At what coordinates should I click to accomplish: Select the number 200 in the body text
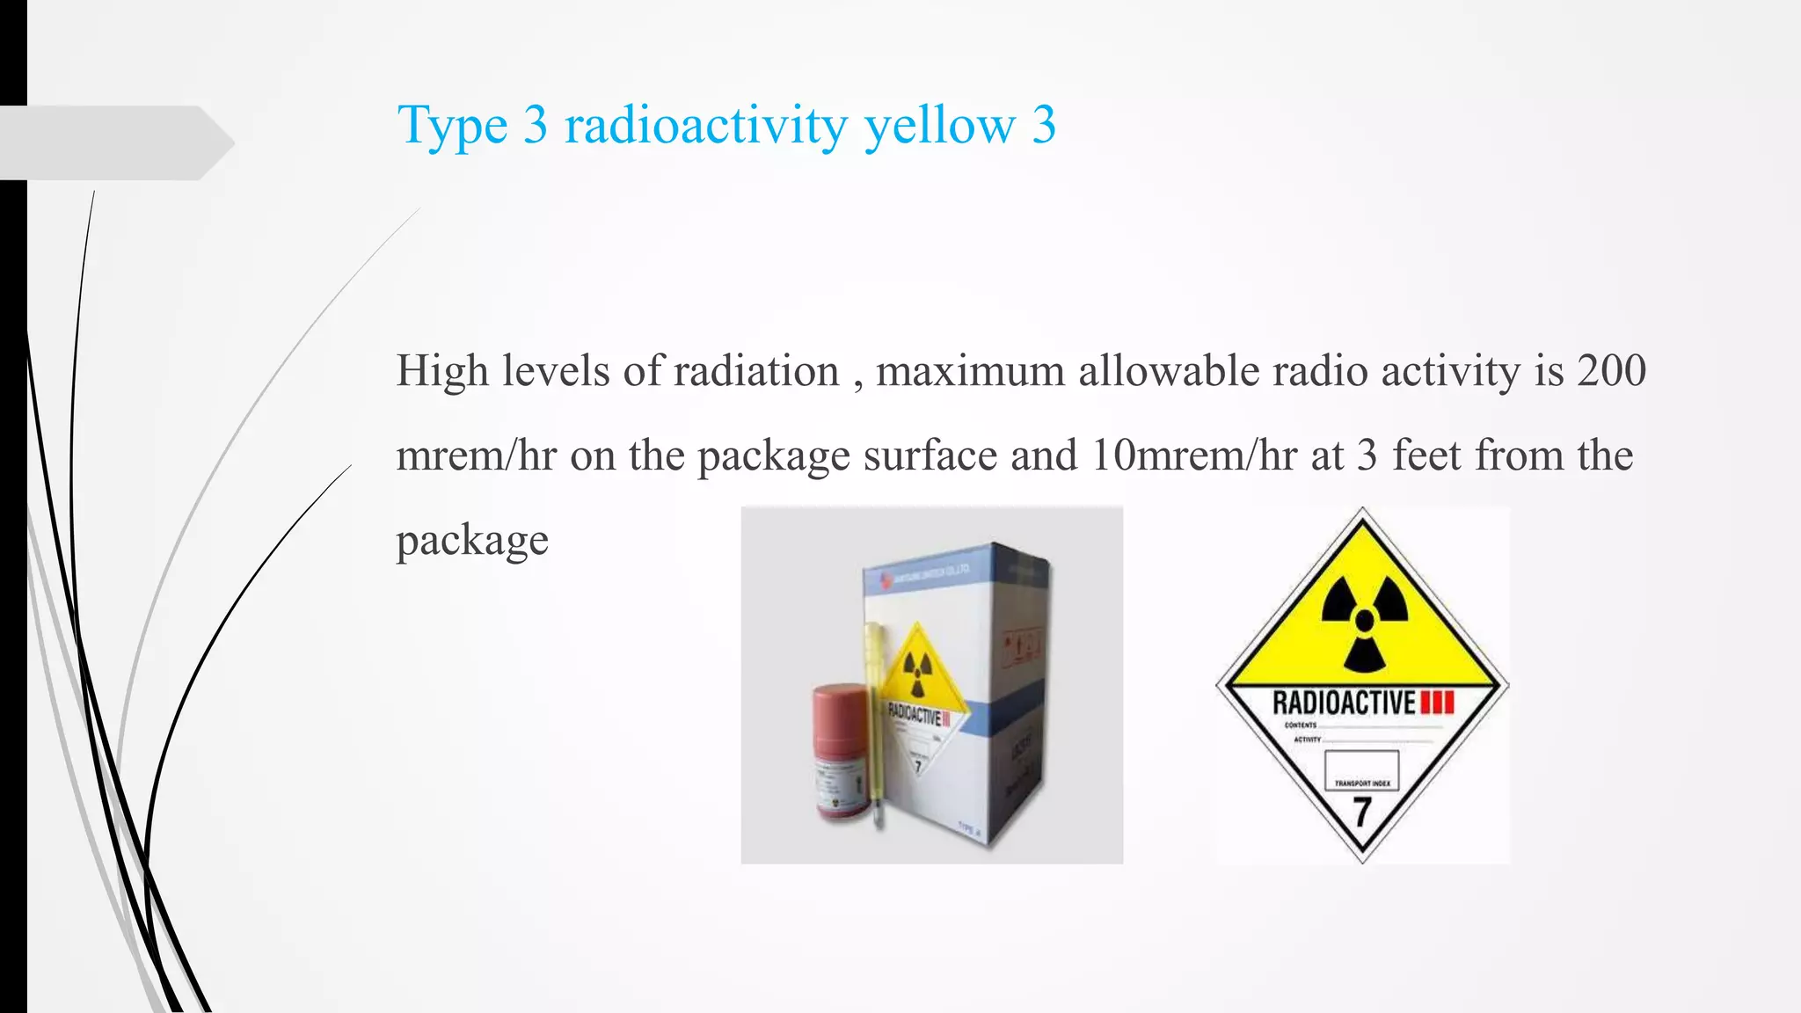tap(1611, 370)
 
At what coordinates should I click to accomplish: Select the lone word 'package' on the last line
tap(472, 539)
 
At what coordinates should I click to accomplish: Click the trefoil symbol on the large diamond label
tap(1364, 621)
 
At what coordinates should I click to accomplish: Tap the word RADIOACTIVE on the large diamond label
tap(1344, 703)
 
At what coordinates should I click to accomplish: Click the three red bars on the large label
tap(1438, 703)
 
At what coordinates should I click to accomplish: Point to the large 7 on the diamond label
tap(1362, 812)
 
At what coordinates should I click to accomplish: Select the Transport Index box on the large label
tap(1362, 769)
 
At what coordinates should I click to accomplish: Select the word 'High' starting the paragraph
tap(441, 370)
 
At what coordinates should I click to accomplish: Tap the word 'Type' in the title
tap(452, 125)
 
